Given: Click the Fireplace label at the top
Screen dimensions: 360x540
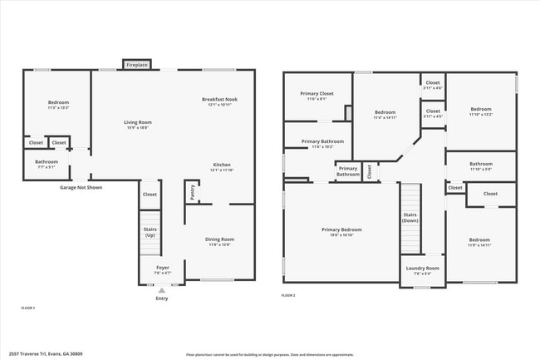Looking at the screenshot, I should [137, 64].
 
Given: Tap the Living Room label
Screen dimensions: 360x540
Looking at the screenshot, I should [138, 122].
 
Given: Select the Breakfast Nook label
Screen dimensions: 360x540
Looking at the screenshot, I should [219, 100].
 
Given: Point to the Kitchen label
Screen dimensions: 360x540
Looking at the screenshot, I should [221, 165].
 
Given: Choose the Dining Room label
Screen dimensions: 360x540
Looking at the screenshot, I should [220, 239].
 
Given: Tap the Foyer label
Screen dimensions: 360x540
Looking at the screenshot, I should [162, 268].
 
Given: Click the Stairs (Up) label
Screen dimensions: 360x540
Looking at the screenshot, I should [150, 232].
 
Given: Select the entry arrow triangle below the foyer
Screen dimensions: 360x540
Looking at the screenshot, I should [161, 289].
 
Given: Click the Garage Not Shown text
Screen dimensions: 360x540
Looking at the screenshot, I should [81, 188].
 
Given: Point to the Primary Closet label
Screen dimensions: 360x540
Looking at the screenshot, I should [316, 94].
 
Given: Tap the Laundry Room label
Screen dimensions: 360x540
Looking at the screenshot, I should [422, 268].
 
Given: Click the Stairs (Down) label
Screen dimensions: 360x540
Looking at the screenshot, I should [410, 218].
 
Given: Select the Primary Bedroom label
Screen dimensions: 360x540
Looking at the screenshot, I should [342, 229].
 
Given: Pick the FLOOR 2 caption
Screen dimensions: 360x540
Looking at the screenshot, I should [288, 295].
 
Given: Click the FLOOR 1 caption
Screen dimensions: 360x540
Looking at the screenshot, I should [28, 308].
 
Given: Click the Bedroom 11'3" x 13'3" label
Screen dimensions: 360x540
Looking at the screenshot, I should [57, 103].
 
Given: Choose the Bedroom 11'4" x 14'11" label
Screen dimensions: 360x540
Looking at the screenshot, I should [385, 112].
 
